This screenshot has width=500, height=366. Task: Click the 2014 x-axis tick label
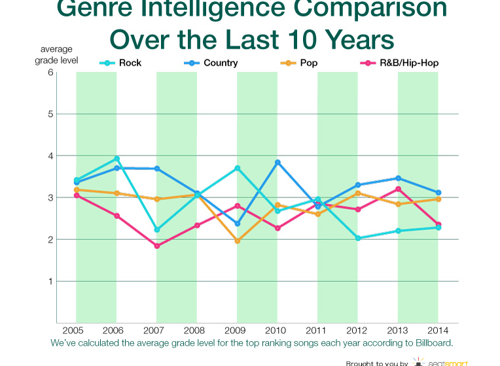coord(438,329)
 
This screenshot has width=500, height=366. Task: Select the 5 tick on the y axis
coord(50,114)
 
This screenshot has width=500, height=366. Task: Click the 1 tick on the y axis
coord(50,282)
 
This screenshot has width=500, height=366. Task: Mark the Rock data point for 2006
coord(116,159)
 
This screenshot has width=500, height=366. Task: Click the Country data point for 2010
coord(277,162)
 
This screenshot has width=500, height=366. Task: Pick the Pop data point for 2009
coord(238,241)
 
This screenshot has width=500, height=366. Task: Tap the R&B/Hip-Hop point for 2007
coord(157,246)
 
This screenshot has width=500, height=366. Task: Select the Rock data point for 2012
coord(358,239)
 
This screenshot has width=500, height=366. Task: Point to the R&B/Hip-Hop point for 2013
coord(398,190)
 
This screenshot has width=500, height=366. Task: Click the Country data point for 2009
coord(238,224)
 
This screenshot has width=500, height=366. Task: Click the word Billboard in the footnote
coord(433,342)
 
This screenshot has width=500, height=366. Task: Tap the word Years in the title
coord(354,39)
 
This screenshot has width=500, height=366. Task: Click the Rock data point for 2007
coord(157,230)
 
